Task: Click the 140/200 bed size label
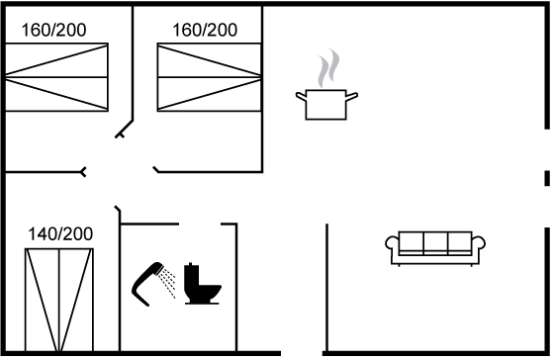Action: tap(60, 233)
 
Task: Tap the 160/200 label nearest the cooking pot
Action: tap(205, 30)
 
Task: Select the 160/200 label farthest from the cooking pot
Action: tap(53, 30)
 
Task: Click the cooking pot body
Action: tap(325, 105)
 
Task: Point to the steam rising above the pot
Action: tap(328, 68)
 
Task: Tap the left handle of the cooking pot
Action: tap(301, 96)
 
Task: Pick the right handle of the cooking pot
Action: tap(351, 96)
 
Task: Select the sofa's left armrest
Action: tap(392, 243)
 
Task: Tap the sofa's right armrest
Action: tap(479, 243)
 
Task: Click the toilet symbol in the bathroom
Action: tap(203, 283)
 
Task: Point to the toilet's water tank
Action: tap(190, 277)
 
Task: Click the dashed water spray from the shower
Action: tap(167, 283)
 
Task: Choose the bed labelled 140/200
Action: tap(59, 301)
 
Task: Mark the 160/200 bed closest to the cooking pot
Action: tap(209, 77)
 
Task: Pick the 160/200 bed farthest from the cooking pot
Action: tap(56, 77)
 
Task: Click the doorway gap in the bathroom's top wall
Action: tap(200, 224)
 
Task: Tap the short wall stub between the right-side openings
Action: tap(547, 178)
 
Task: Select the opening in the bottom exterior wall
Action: tap(302, 353)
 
